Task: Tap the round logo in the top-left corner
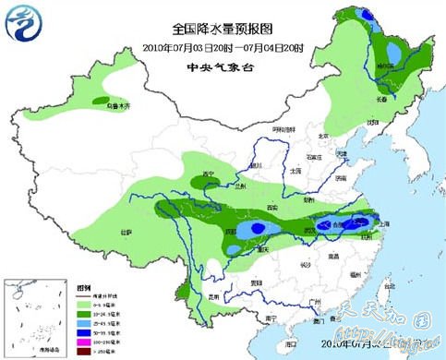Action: click(25, 25)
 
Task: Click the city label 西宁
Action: click(208, 174)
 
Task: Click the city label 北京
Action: click(322, 135)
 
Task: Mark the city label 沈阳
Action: click(373, 122)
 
